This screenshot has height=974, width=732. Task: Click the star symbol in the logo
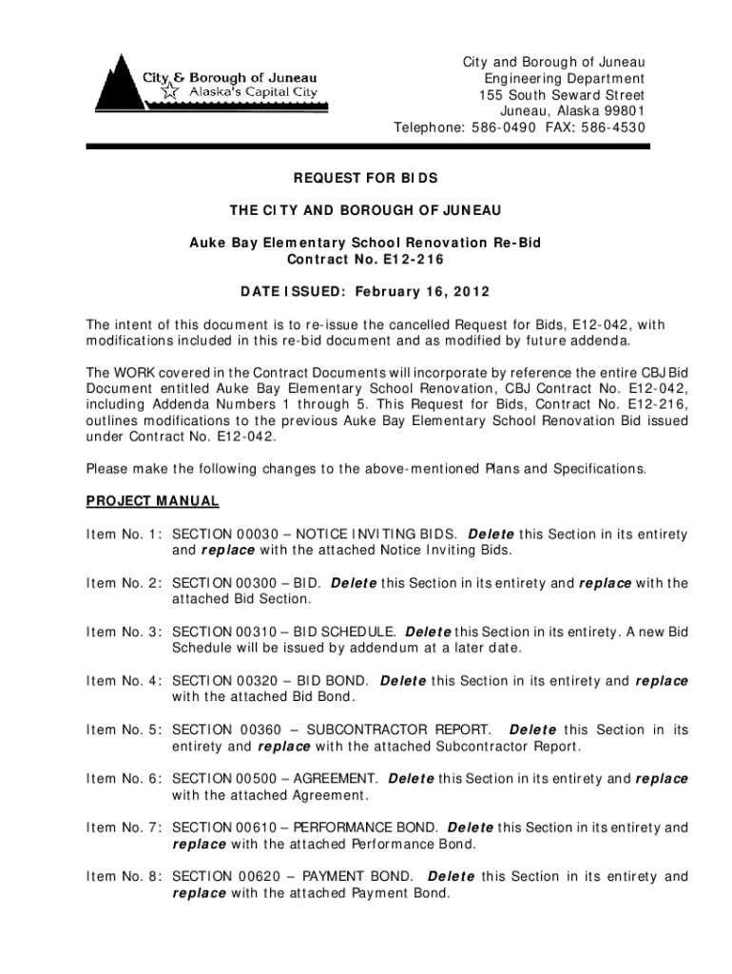169,92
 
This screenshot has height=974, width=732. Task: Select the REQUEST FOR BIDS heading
365,178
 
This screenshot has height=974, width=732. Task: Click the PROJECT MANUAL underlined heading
153,500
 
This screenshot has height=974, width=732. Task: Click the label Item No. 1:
124,535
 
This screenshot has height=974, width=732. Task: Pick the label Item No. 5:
124,730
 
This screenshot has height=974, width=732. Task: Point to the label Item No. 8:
124,876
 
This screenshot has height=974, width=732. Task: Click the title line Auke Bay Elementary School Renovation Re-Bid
365,243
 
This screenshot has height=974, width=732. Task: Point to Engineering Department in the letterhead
564,79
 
